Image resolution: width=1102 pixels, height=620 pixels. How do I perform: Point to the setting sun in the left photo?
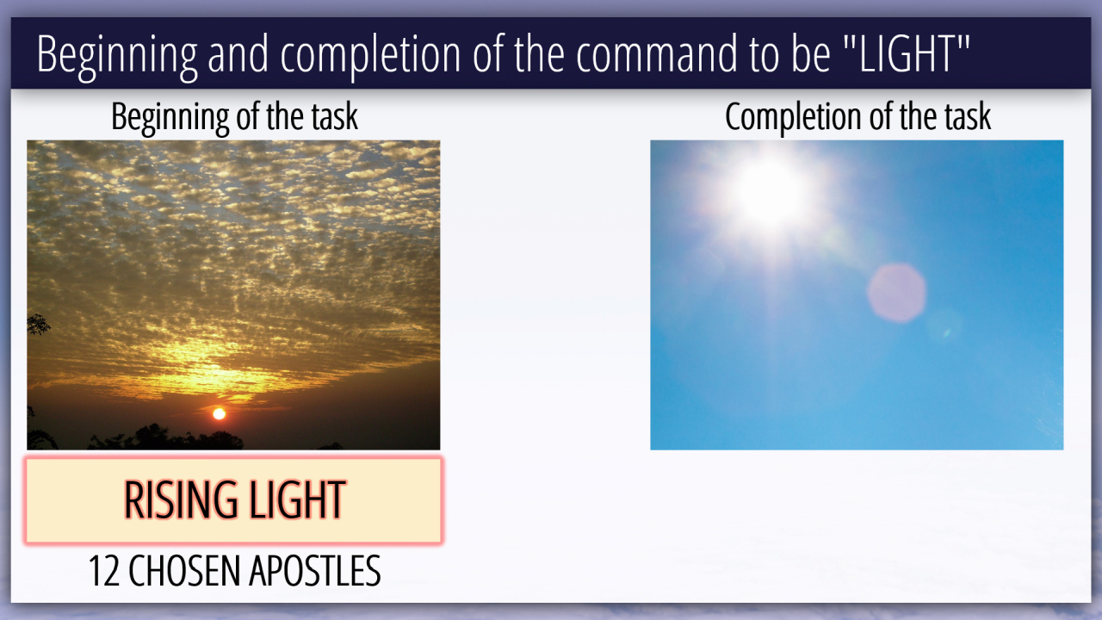[219, 414]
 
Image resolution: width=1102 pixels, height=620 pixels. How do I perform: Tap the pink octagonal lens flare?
[896, 294]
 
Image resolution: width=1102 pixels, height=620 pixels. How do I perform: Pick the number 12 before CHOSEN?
[104, 571]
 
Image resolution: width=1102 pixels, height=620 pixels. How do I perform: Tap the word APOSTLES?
[315, 571]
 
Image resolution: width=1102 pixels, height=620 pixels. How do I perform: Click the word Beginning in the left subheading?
[170, 118]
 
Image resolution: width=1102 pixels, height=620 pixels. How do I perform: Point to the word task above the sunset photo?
[337, 118]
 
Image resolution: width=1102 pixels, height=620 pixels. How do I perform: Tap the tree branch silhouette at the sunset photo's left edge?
[38, 325]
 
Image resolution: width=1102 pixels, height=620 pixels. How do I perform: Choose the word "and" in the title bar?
[238, 53]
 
